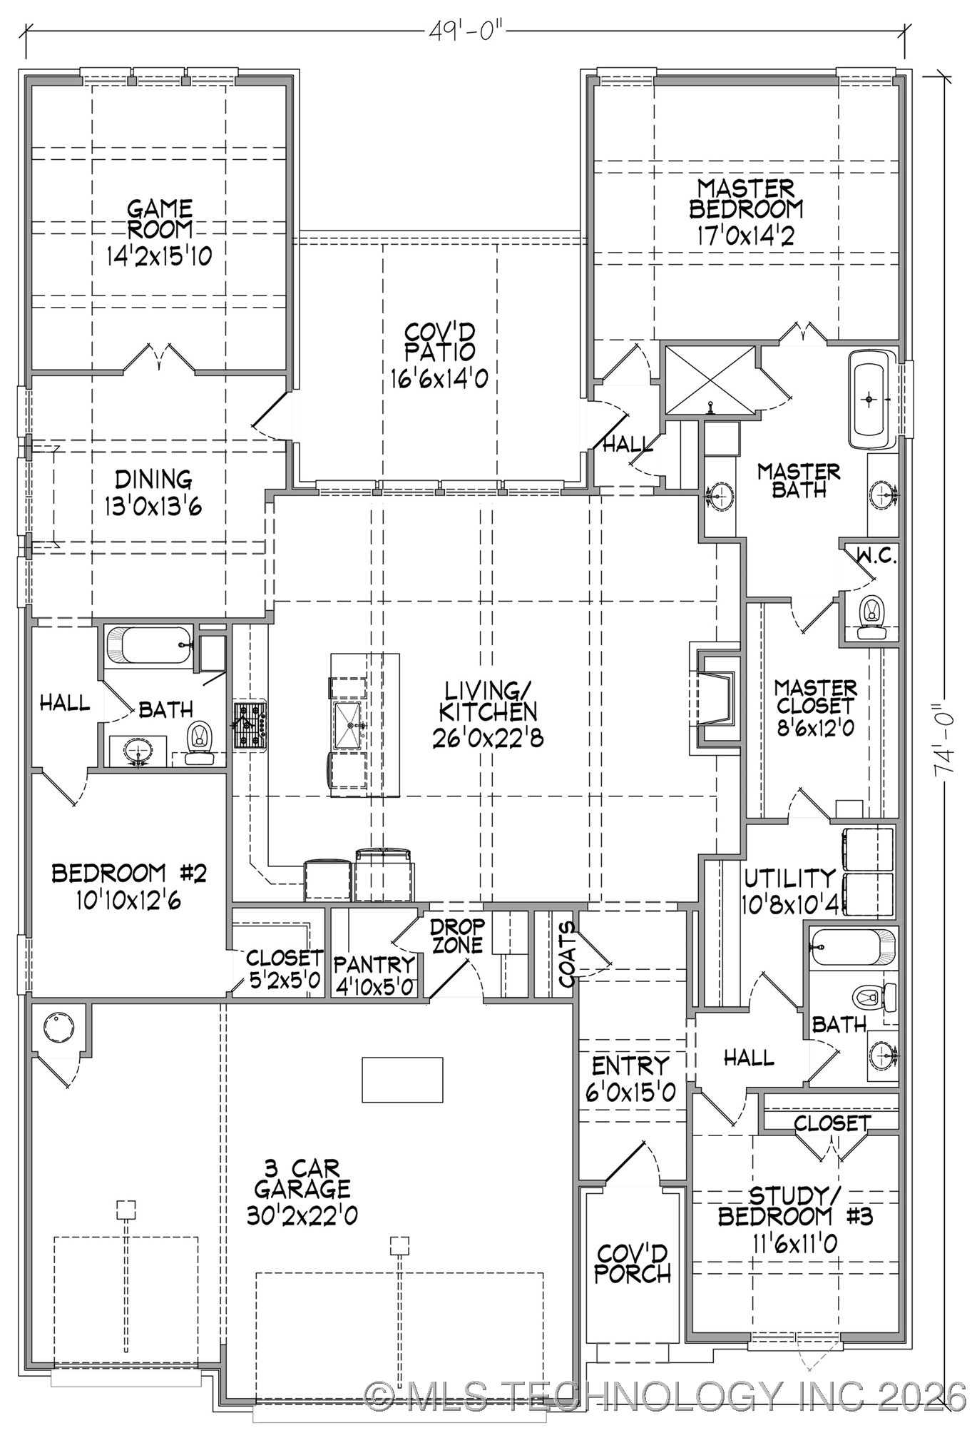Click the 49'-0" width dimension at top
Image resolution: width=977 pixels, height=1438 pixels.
click(x=467, y=31)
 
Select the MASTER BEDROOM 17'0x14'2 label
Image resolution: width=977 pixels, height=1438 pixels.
click(x=746, y=212)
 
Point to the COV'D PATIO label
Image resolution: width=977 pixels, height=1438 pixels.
click(x=439, y=355)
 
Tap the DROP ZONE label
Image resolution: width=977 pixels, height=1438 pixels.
click(x=457, y=936)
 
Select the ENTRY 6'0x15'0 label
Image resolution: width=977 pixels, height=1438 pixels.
click(x=631, y=1078)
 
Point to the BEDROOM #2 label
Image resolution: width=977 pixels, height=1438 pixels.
click(x=128, y=886)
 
